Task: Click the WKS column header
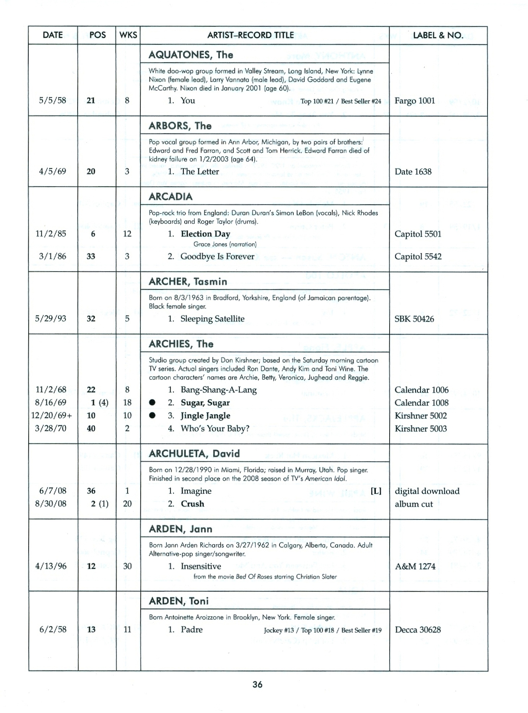(x=128, y=35)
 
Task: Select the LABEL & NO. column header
(x=438, y=36)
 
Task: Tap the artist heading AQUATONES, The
(x=191, y=55)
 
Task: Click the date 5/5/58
(x=52, y=100)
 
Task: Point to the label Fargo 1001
(x=414, y=101)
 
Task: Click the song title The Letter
(x=200, y=171)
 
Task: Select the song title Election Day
(x=205, y=234)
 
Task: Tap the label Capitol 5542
(x=418, y=256)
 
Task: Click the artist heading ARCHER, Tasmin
(x=188, y=281)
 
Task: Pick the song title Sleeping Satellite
(x=212, y=319)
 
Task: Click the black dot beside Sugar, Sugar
(x=152, y=403)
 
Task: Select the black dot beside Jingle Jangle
(x=152, y=416)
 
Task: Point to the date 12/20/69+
(x=51, y=416)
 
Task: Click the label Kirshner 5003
(x=421, y=428)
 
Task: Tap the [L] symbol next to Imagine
(x=376, y=491)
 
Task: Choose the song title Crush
(x=192, y=504)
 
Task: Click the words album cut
(x=414, y=504)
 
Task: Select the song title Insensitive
(x=201, y=566)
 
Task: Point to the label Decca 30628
(x=418, y=630)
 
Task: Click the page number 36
(x=257, y=684)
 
